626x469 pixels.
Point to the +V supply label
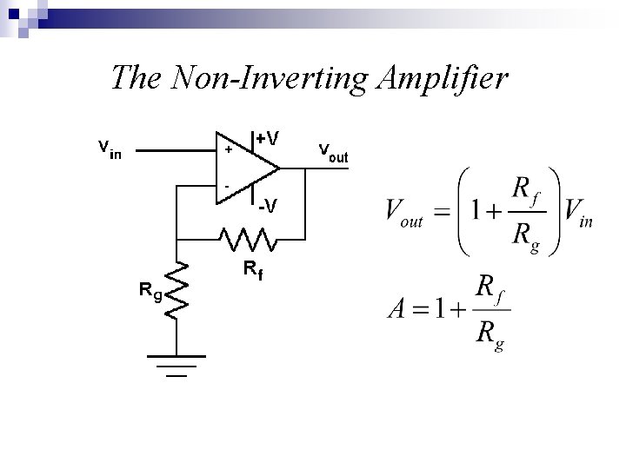(x=268, y=138)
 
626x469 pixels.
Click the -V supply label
(x=269, y=206)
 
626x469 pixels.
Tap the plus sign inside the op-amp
(x=229, y=150)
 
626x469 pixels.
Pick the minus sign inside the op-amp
(x=227, y=185)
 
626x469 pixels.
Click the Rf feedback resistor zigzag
(x=248, y=236)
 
